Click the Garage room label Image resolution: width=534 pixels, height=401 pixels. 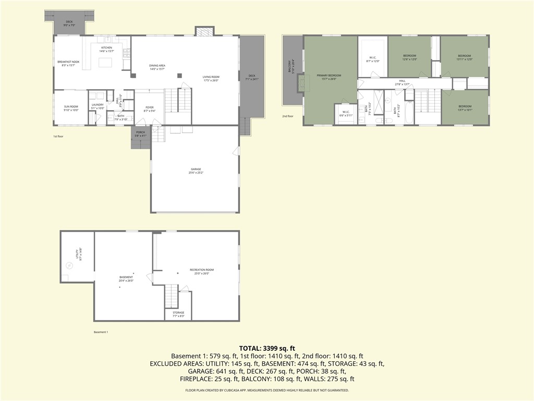pyautogui.click(x=196, y=170)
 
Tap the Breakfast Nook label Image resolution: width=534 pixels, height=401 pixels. pyautogui.click(x=68, y=63)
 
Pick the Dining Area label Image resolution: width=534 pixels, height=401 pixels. pyautogui.click(x=157, y=67)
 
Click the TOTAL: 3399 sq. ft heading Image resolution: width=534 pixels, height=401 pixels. pyautogui.click(x=267, y=348)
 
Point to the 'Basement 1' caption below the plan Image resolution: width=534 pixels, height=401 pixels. pyautogui.click(x=101, y=332)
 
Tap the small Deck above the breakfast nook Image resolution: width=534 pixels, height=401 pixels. pyautogui.click(x=69, y=23)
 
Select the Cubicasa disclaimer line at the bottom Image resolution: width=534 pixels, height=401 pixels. pyautogui.click(x=267, y=390)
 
